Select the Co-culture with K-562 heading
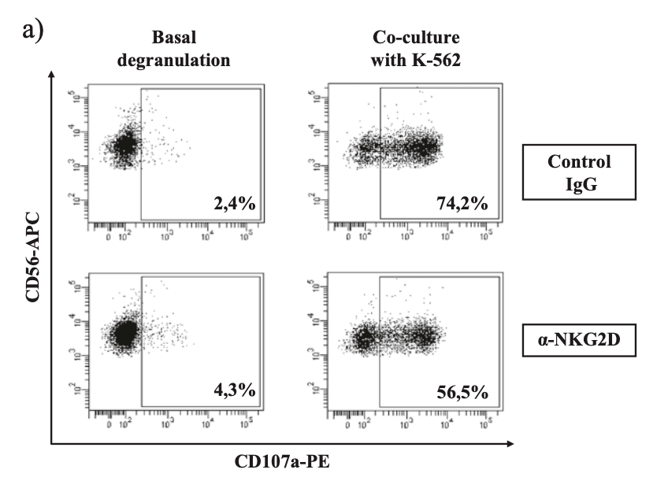pos(410,47)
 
